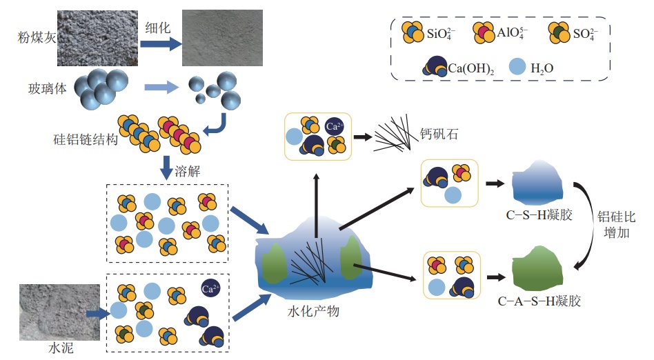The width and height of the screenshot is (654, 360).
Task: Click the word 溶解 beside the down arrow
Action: (188, 170)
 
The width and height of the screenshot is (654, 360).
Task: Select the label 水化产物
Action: (313, 312)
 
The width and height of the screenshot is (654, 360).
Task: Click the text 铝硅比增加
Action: (616, 225)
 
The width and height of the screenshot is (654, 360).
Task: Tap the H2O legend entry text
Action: (542, 68)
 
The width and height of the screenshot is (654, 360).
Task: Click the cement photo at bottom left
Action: (48, 310)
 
